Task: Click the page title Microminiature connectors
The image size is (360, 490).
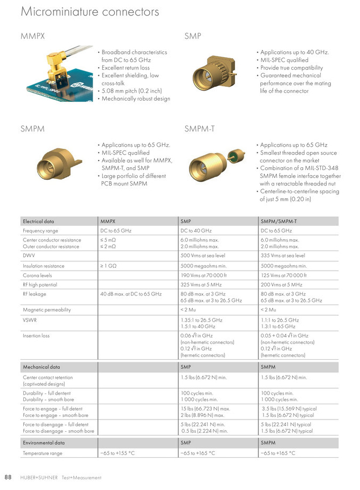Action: tap(89, 12)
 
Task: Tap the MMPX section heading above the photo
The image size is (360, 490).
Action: tap(32, 37)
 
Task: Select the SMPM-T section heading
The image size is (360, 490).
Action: tap(200, 129)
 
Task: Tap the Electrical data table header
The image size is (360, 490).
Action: tap(38, 221)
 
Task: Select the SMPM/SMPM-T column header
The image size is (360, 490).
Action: tap(278, 221)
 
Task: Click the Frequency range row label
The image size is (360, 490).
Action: tap(41, 231)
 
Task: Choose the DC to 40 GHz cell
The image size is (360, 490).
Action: tap(196, 231)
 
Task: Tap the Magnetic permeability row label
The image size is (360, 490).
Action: tap(47, 310)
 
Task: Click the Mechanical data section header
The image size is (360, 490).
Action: tap(41, 367)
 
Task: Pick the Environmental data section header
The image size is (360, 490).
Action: tap(44, 442)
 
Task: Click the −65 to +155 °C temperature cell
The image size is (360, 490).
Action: tap(118, 453)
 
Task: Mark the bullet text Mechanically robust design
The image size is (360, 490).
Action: tap(136, 99)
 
